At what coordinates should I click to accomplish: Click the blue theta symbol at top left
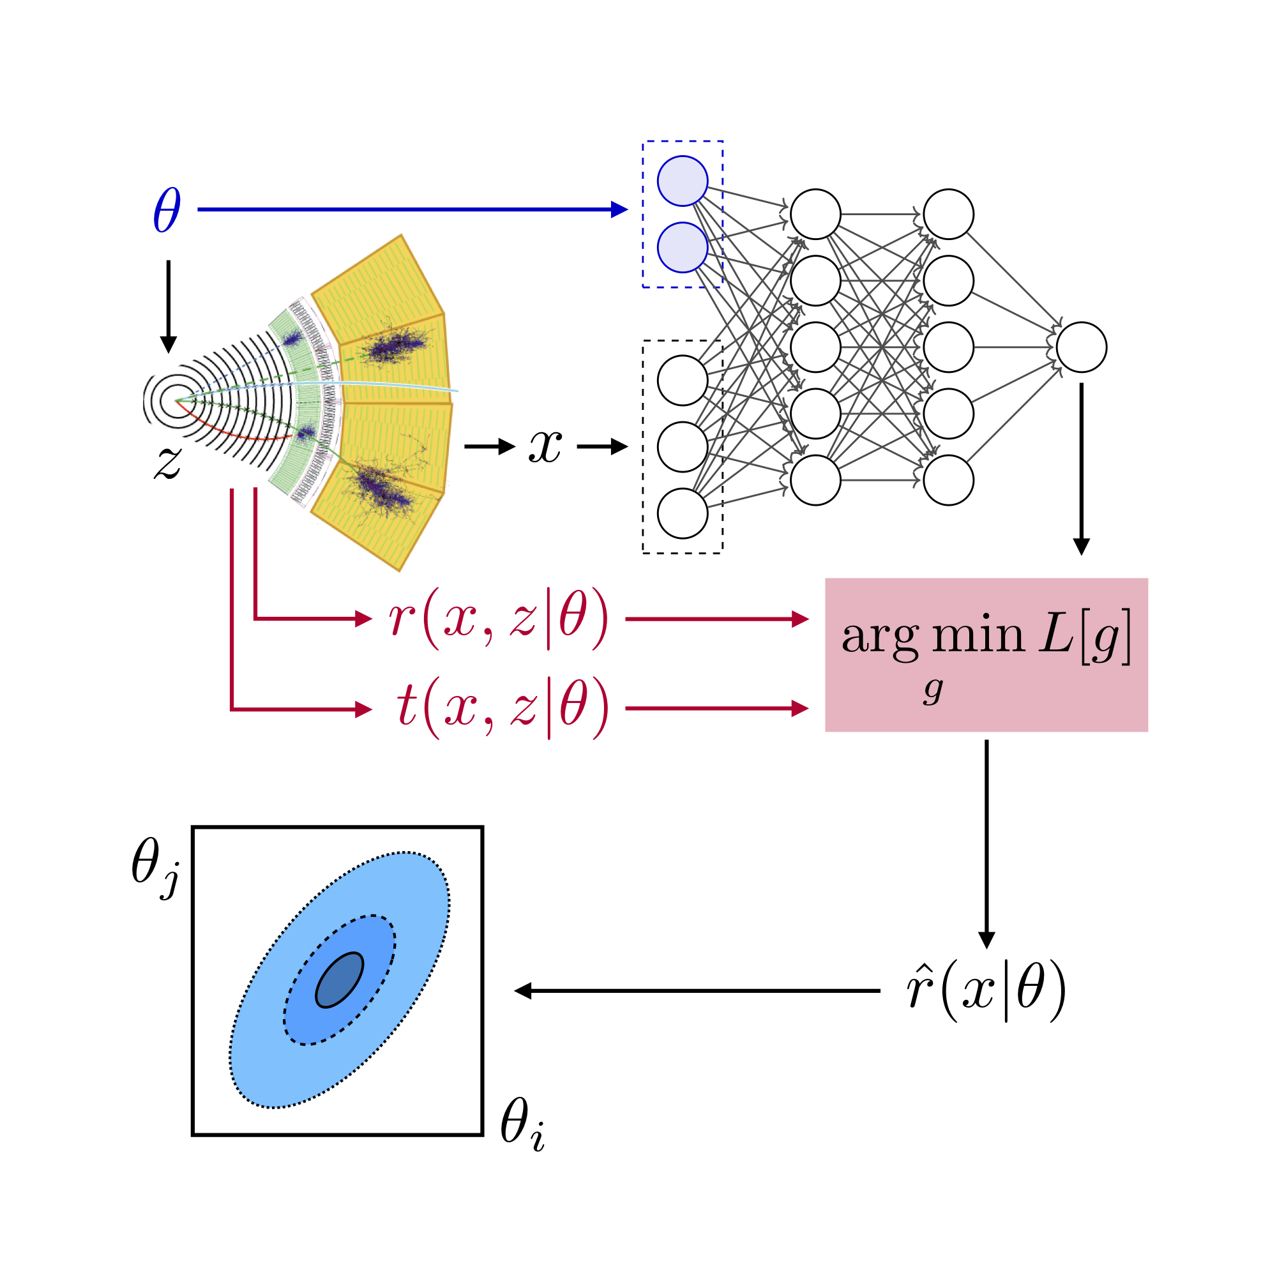[x=167, y=209]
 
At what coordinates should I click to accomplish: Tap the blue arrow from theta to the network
[x=410, y=209]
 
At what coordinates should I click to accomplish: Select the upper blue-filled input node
[x=682, y=181]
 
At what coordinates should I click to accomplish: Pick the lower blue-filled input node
[x=682, y=248]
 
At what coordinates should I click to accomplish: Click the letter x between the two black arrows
[x=545, y=446]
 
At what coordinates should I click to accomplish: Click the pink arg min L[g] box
[x=986, y=655]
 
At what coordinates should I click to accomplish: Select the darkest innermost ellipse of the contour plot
[x=340, y=980]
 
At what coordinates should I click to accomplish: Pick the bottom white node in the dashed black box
[x=682, y=513]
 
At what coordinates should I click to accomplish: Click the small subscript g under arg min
[x=933, y=691]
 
